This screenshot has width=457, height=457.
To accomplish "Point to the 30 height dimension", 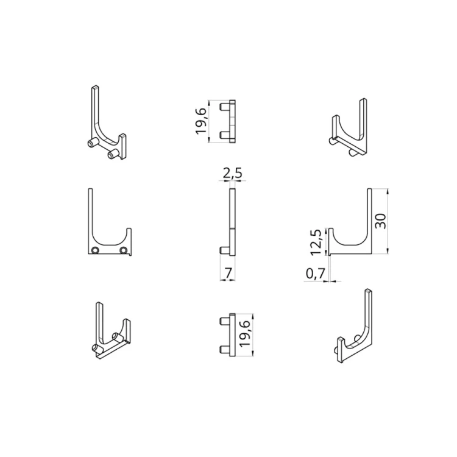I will click(381, 221).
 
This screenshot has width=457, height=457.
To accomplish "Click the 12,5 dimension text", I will click(315, 242).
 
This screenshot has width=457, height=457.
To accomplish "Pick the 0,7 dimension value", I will click(314, 275).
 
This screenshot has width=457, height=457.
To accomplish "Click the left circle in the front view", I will click(95, 250).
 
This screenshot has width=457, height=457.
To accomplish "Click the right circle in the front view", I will click(124, 250).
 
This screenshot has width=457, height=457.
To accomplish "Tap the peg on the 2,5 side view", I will click(224, 249).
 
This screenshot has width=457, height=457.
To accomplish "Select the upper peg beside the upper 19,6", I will click(224, 107).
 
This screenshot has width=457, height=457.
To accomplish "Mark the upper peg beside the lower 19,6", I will click(224, 321).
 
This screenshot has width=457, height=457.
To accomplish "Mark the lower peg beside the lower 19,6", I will click(224, 349).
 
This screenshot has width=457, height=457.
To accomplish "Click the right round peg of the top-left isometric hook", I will click(112, 155).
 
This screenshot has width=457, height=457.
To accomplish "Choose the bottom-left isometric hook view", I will click(111, 333).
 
